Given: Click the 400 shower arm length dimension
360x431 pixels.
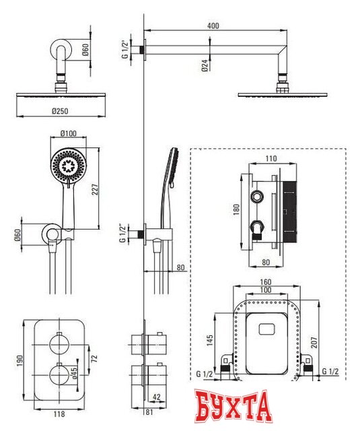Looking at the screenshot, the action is pos(213,26).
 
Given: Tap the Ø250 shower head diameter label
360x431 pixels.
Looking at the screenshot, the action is pos(60,111).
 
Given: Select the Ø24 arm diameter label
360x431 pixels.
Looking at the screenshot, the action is pos(205,66).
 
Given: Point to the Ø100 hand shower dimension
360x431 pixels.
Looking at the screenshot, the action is pos(69,133).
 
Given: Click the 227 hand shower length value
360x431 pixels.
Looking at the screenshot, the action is pos(95,190).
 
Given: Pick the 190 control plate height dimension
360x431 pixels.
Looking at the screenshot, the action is pos(20,360).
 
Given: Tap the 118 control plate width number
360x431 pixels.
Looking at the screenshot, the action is pos(59,413).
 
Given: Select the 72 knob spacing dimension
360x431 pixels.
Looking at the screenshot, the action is pos(94,358).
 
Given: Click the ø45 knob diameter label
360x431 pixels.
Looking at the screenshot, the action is pos(74,372).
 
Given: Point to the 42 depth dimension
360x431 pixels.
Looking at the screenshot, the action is pos(156,397).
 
